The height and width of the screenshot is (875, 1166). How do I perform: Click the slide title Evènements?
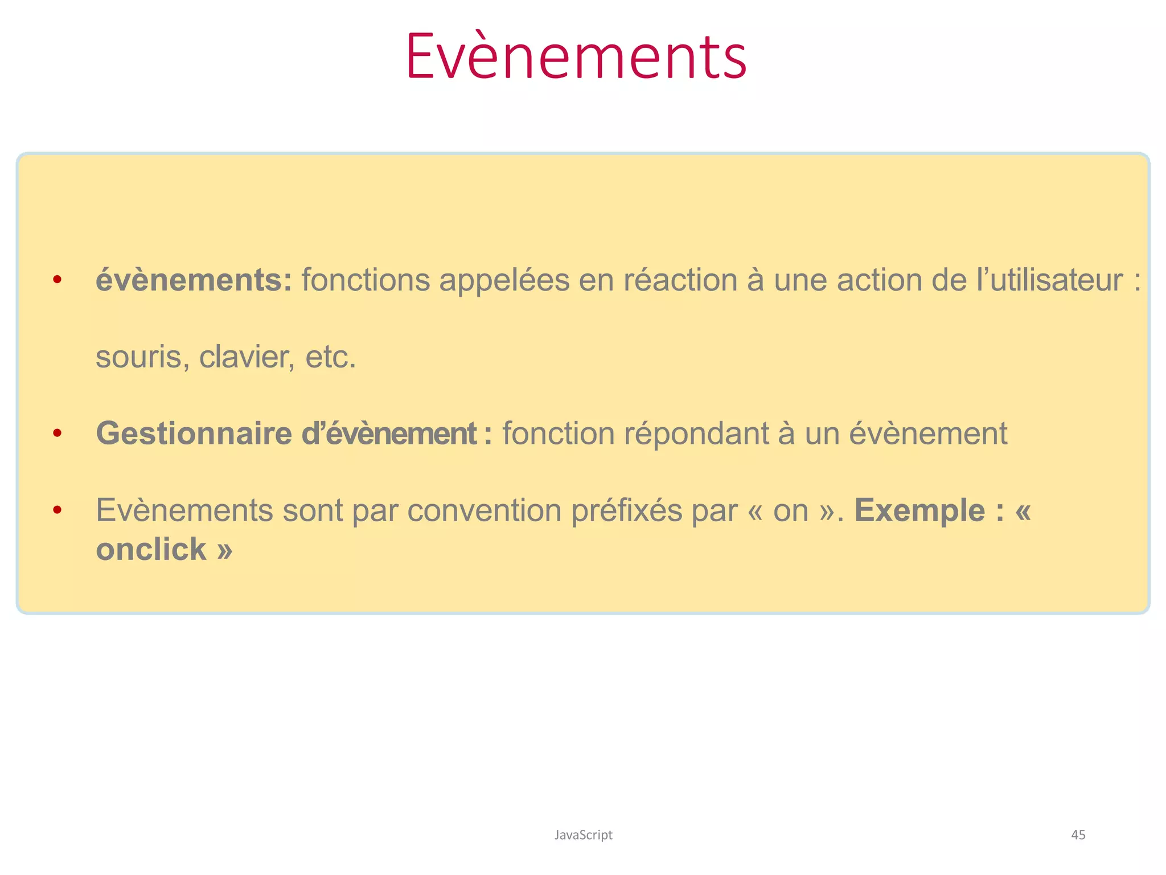pyautogui.click(x=576, y=57)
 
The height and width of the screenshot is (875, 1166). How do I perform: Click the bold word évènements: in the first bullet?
pyautogui.click(x=194, y=280)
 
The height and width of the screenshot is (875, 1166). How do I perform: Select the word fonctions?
pyautogui.click(x=366, y=280)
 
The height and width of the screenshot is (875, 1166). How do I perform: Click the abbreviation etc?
pyautogui.click(x=331, y=358)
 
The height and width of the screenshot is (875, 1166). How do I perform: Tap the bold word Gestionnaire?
pyautogui.click(x=194, y=434)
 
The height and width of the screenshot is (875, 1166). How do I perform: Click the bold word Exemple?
pyautogui.click(x=919, y=510)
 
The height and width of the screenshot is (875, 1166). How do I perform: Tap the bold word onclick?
pyautogui.click(x=151, y=550)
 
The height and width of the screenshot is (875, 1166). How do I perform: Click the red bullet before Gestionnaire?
pyautogui.click(x=57, y=434)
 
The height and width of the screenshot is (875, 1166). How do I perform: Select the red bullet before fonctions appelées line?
pyautogui.click(x=57, y=280)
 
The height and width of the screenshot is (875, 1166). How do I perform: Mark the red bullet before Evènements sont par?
pyautogui.click(x=57, y=510)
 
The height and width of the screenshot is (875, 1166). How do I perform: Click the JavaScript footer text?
pyautogui.click(x=583, y=835)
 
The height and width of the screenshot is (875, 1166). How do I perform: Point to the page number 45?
pyautogui.click(x=1078, y=835)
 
